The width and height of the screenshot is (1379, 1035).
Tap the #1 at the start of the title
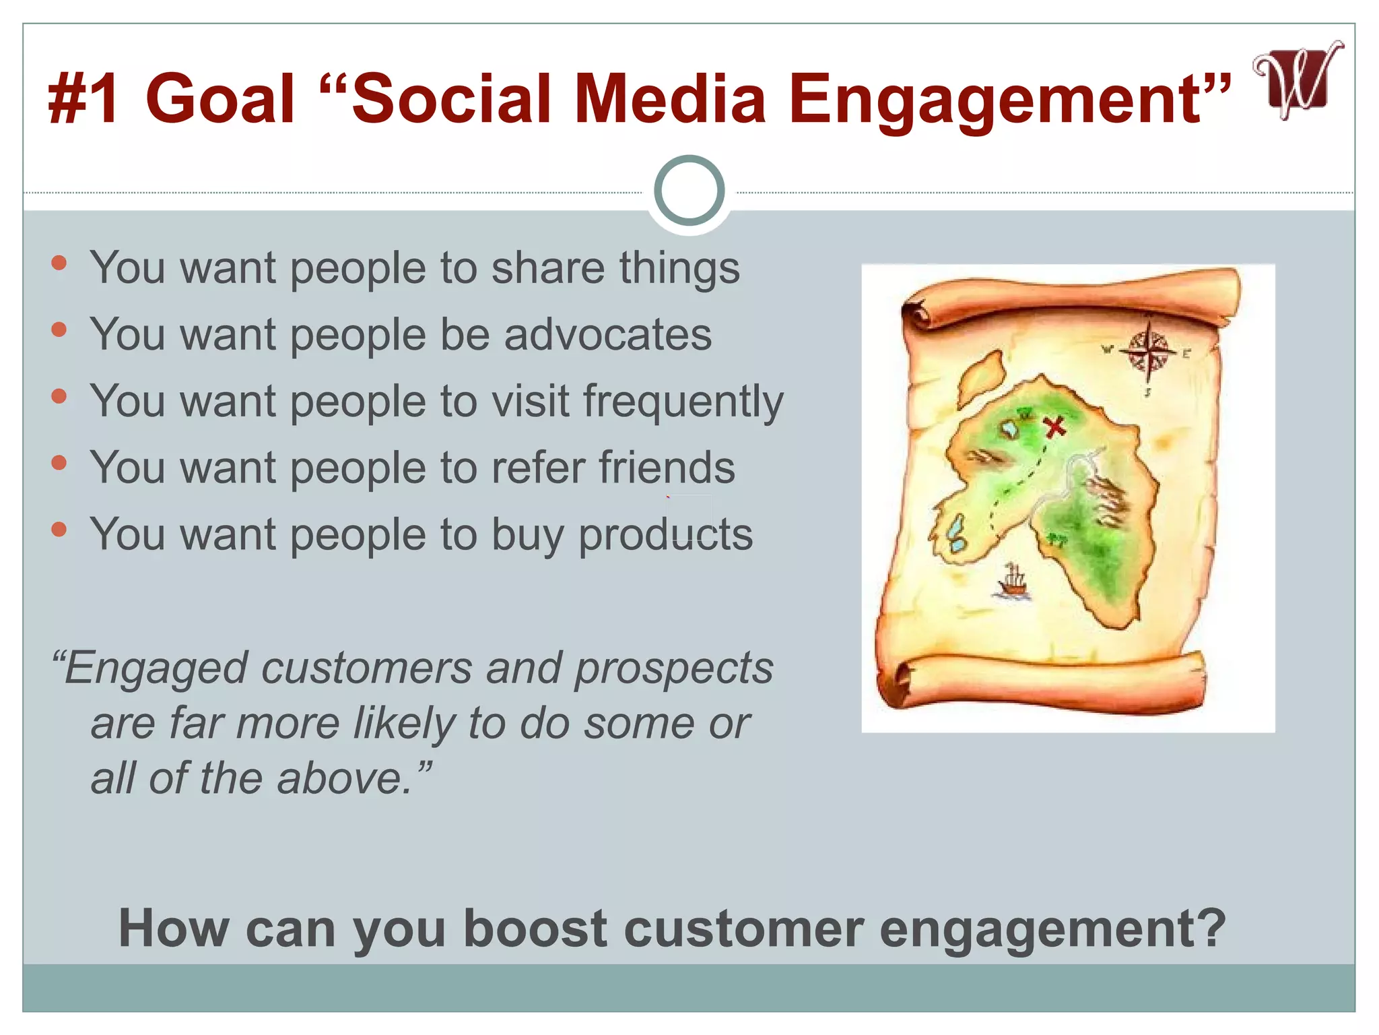pyautogui.click(x=84, y=100)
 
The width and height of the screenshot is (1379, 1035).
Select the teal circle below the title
pyautogui.click(x=689, y=191)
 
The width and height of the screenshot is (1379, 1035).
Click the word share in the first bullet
pyautogui.click(x=547, y=268)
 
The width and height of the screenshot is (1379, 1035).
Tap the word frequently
pyautogui.click(x=683, y=402)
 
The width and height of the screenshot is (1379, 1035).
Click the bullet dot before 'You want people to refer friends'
pyautogui.click(x=59, y=462)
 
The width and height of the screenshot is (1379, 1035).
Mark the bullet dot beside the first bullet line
pyautogui.click(x=59, y=263)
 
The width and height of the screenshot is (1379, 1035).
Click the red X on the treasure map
pyautogui.click(x=1054, y=426)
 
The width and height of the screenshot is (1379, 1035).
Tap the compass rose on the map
pyautogui.click(x=1149, y=352)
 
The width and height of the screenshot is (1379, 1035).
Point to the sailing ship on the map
pyautogui.click(x=1012, y=581)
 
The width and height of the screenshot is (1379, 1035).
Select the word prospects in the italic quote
pyautogui.click(x=673, y=668)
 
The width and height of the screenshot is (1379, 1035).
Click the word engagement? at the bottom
pyautogui.click(x=1052, y=929)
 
